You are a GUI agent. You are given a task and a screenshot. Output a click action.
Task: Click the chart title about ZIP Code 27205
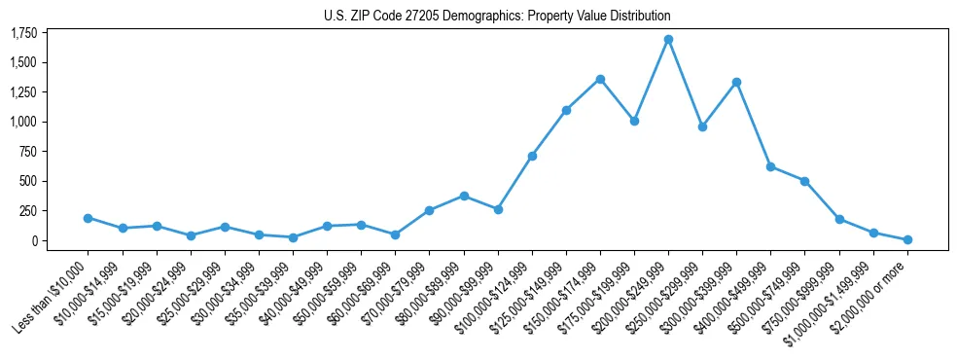[497, 16]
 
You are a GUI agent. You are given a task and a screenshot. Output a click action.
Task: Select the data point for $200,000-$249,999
[668, 40]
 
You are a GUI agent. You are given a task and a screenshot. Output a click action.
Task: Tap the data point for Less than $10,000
[88, 218]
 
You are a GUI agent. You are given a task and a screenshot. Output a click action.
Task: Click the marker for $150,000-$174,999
[600, 79]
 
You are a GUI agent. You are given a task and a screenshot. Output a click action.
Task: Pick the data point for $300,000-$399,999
[736, 82]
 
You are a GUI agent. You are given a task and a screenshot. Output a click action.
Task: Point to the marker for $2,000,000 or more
[907, 239]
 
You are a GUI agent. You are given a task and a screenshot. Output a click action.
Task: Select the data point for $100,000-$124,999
[532, 156]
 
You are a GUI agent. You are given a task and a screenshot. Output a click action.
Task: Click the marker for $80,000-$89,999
[464, 196]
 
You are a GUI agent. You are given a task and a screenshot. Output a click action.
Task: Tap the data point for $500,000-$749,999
[804, 181]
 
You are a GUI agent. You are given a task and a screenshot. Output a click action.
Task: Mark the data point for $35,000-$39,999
[293, 237]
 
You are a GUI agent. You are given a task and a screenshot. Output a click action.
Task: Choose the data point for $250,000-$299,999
[702, 126]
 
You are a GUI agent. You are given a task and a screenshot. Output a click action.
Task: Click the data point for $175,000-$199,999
[634, 122]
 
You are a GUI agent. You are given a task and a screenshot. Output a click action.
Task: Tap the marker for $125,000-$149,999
[566, 110]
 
